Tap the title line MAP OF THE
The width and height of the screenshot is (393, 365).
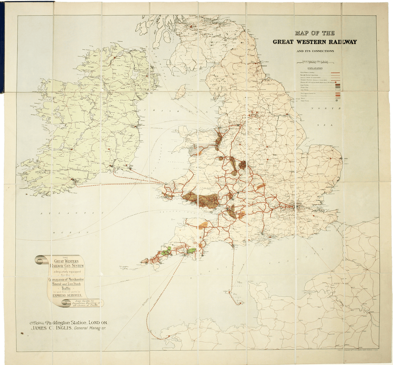coord(314,33)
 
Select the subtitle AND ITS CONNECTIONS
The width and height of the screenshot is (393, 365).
coord(314,51)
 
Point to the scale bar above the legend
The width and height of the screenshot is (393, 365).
coord(315,62)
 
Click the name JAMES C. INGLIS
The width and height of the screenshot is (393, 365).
coord(49,328)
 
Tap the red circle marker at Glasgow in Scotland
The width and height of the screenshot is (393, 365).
coord(191,26)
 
